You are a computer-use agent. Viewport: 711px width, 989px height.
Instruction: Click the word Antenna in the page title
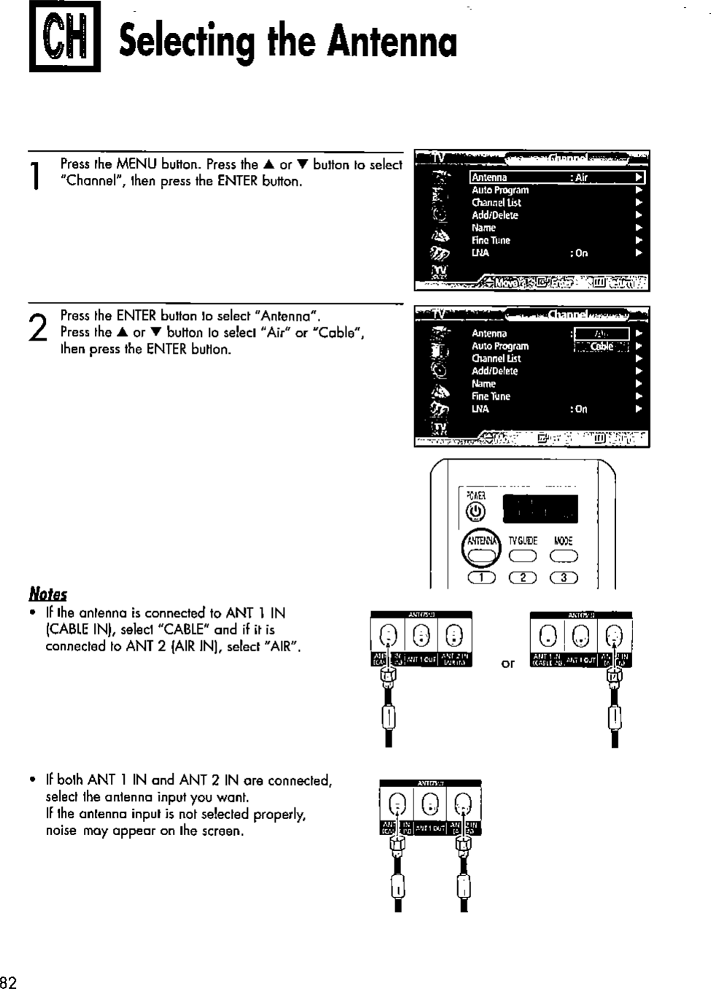(392, 42)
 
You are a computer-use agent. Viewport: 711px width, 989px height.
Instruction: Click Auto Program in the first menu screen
(500, 190)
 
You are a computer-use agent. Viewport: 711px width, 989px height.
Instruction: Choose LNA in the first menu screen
(481, 253)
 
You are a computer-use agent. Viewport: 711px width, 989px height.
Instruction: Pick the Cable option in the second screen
(602, 346)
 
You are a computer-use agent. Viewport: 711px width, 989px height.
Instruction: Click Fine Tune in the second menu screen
(491, 396)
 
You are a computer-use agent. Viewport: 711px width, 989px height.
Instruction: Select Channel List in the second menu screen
(496, 358)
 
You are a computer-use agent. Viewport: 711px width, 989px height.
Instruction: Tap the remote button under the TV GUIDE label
(523, 556)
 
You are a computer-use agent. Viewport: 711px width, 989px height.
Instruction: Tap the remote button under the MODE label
(564, 556)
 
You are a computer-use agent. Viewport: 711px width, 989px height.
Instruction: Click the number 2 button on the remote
(523, 579)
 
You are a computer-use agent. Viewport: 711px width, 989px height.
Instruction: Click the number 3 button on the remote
(564, 579)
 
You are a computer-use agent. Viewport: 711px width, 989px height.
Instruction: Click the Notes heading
(48, 593)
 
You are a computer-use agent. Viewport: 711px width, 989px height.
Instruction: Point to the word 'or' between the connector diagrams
(508, 663)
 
